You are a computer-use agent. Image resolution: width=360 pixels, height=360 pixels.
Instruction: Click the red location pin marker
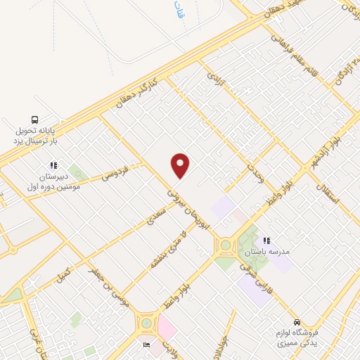point(181,166)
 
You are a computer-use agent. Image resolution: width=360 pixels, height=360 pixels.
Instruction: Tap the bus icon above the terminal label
point(34,120)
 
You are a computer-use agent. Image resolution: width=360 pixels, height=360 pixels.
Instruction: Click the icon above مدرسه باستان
point(266,240)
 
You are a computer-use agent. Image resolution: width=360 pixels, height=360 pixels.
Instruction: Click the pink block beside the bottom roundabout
point(168,326)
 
